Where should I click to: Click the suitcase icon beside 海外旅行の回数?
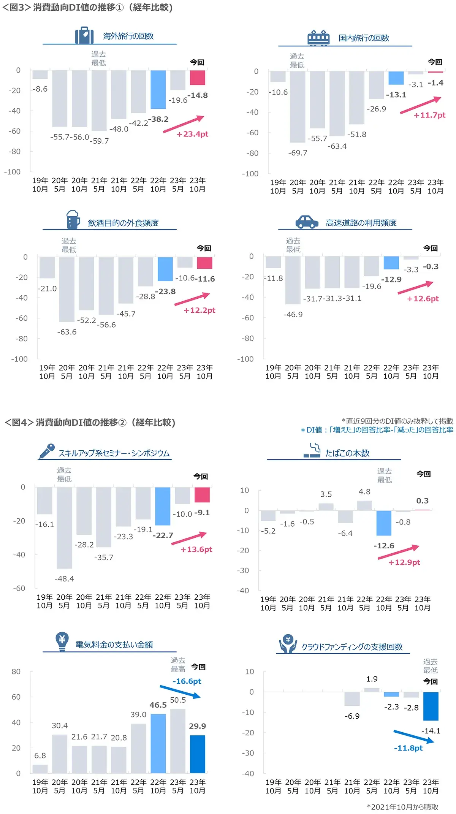pyautogui.click(x=84, y=35)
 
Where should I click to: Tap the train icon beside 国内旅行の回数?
pyautogui.click(x=318, y=38)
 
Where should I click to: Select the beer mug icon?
pyautogui.click(x=73, y=219)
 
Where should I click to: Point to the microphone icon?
pyautogui.click(x=46, y=451)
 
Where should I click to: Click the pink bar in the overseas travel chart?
pyautogui.click(x=198, y=78)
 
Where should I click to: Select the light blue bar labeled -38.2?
pyautogui.click(x=158, y=90)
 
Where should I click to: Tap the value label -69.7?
pyautogui.click(x=298, y=153)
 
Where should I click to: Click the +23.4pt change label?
pyautogui.click(x=192, y=134)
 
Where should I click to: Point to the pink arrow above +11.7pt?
pyautogui.click(x=420, y=105)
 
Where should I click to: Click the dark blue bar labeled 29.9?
pyautogui.click(x=198, y=754)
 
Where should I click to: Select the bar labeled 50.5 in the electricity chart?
pyautogui.click(x=178, y=741)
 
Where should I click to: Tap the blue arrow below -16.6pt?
pyautogui.click(x=180, y=692)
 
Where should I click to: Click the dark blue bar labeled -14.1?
pyautogui.click(x=431, y=706)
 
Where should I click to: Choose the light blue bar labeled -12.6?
pyautogui.click(x=384, y=523)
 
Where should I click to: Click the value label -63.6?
pyautogui.click(x=67, y=332)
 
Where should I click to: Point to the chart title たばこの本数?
pyautogui.click(x=347, y=453)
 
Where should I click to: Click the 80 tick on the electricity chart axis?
pyautogui.click(x=16, y=671)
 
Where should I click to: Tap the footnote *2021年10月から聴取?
pyautogui.click(x=402, y=807)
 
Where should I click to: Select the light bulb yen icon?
pyautogui.click(x=62, y=641)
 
